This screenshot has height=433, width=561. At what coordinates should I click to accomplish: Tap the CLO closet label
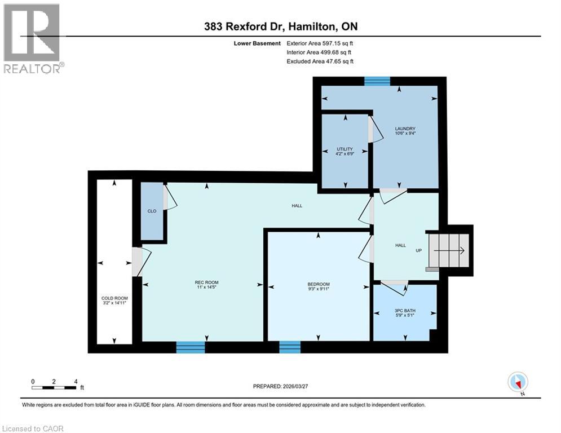[x=152, y=211]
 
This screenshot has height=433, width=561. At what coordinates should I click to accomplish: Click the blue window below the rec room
[x=190, y=347]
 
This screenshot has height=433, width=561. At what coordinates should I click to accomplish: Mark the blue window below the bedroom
[x=290, y=347]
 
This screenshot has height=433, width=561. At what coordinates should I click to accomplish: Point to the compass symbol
[x=517, y=382]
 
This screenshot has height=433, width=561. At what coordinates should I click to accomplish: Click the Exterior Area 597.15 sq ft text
[x=320, y=43]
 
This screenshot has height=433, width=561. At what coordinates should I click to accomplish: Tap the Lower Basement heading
[x=258, y=43]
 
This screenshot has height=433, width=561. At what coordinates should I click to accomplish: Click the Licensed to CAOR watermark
[x=33, y=428]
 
